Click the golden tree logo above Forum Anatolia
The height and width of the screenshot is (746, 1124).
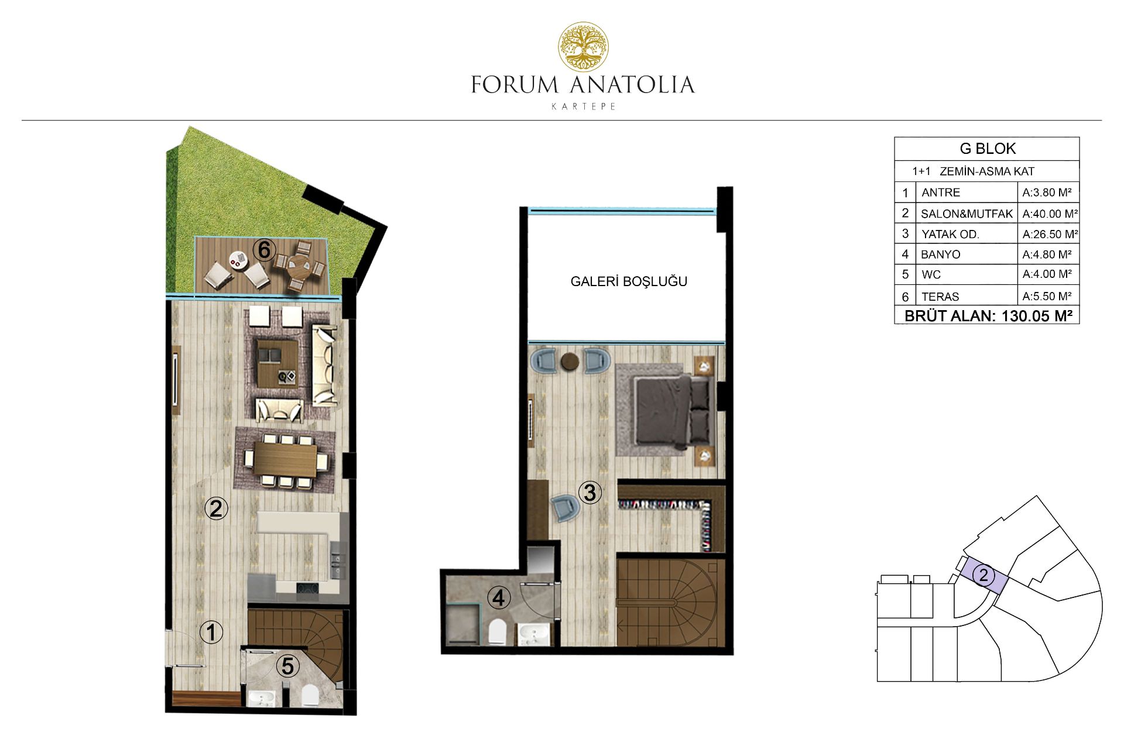(x=583, y=47)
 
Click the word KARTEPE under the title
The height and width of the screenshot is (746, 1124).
(x=584, y=106)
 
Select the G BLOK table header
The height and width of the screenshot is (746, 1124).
(x=988, y=149)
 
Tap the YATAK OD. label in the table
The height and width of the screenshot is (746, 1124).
(x=950, y=235)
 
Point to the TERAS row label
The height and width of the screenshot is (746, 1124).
(x=940, y=297)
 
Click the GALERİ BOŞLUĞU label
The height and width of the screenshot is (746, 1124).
(x=629, y=281)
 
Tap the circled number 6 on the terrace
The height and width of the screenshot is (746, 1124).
(x=264, y=250)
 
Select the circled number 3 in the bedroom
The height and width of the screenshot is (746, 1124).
(x=590, y=493)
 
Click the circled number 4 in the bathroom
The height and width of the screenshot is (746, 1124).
(x=499, y=598)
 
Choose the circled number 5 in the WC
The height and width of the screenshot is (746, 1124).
(x=287, y=666)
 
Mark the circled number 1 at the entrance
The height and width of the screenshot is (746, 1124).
(x=211, y=632)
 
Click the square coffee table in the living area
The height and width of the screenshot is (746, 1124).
(x=278, y=364)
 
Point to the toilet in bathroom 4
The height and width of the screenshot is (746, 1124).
(x=497, y=632)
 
